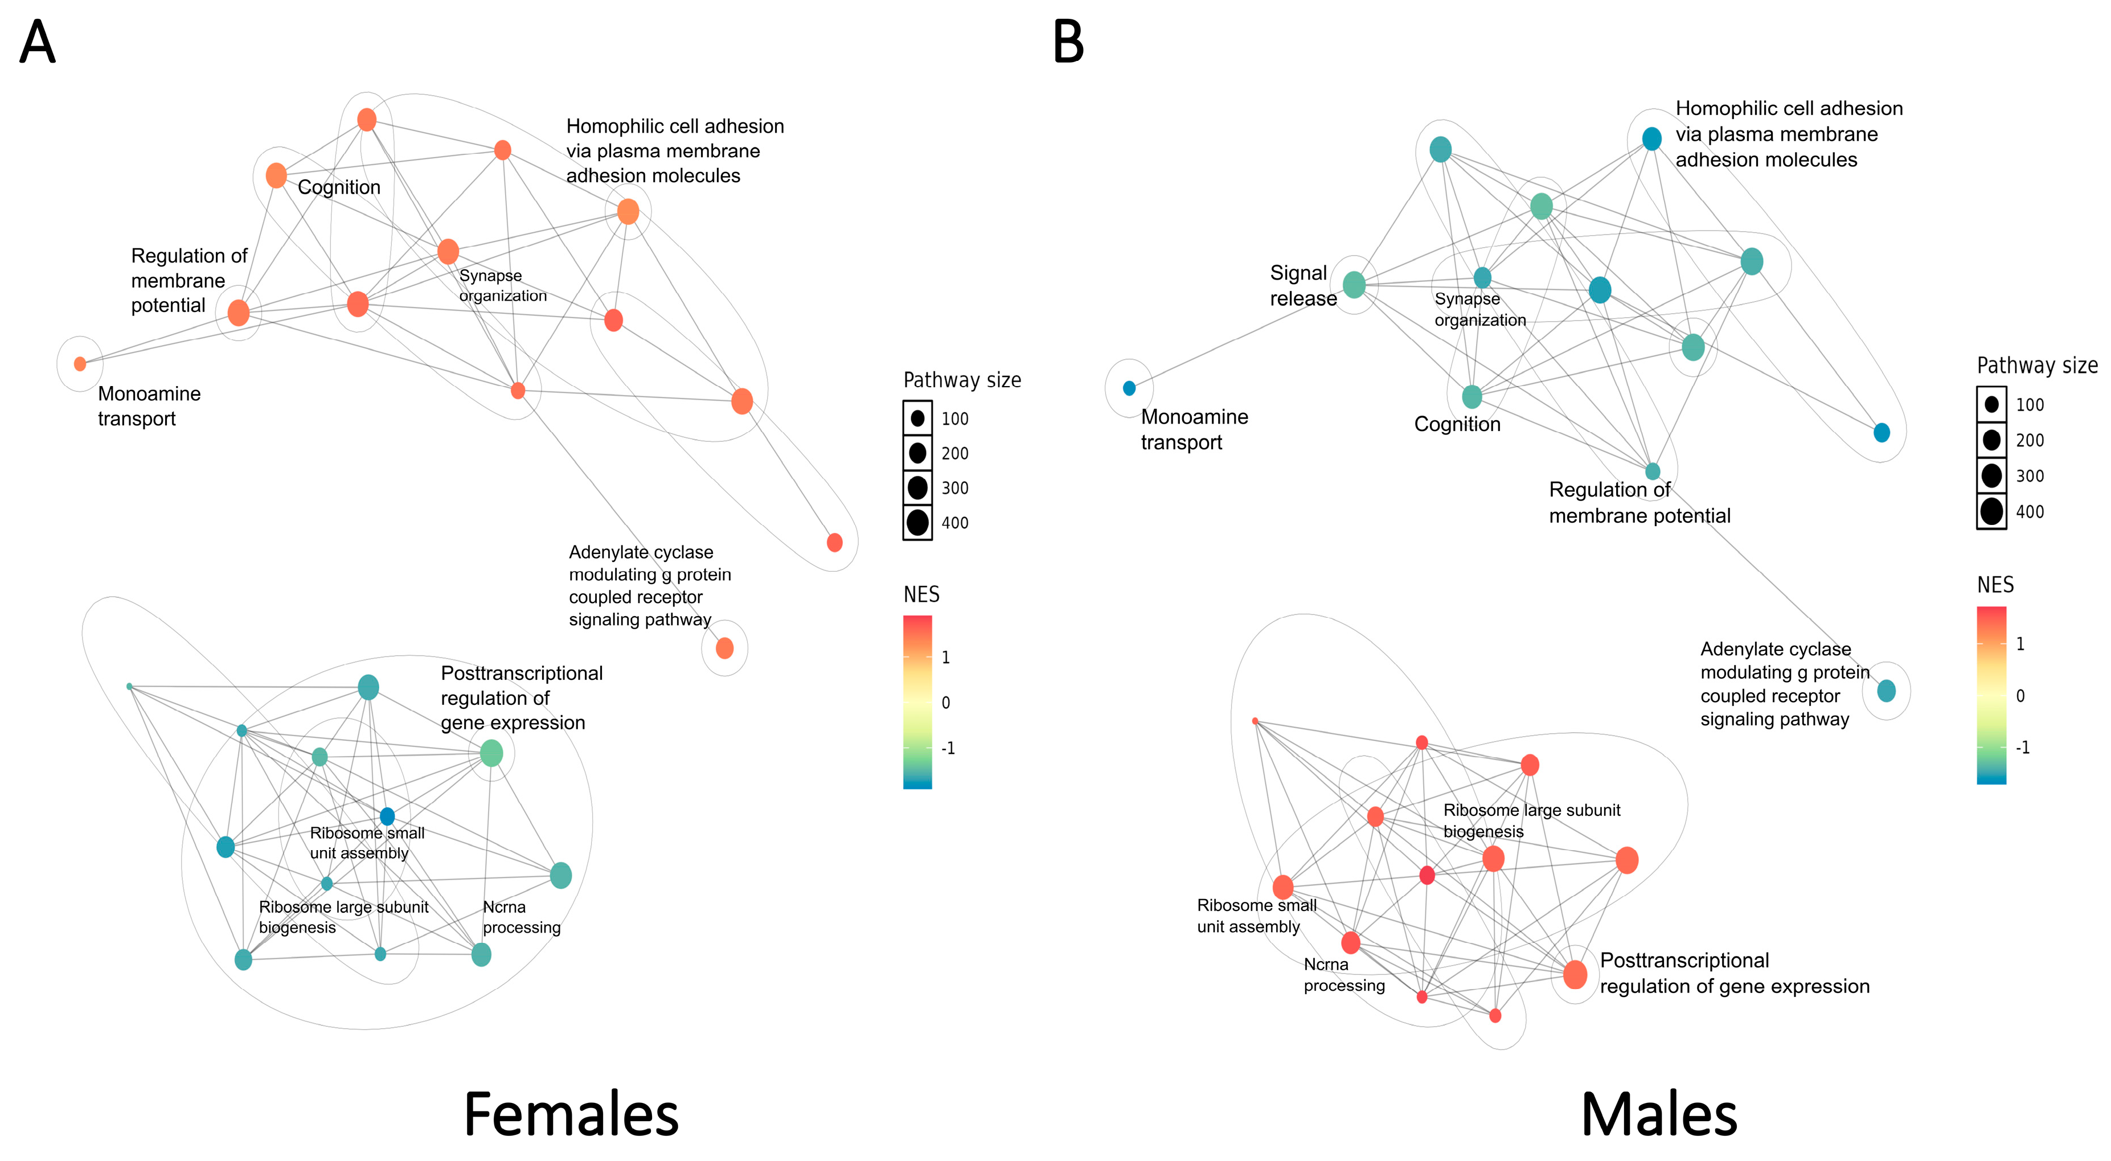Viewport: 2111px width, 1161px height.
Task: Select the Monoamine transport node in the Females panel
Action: point(80,364)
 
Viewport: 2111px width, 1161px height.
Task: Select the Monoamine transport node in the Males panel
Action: point(1129,388)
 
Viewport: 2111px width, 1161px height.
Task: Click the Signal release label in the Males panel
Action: point(1302,285)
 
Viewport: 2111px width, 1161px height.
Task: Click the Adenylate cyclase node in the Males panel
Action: point(1885,691)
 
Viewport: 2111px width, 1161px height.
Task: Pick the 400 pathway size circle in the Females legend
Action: point(918,522)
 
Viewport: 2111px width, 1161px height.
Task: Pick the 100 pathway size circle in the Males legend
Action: point(1991,404)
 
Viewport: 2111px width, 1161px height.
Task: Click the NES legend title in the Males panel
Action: point(1995,585)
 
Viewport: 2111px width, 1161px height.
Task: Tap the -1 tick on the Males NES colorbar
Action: point(2023,747)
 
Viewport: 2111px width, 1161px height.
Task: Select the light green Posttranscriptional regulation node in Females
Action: point(491,753)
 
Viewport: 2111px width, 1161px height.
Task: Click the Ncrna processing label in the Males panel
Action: point(1344,975)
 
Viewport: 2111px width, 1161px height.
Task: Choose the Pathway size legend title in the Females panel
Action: point(962,380)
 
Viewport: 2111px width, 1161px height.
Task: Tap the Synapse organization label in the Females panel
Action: point(502,285)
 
